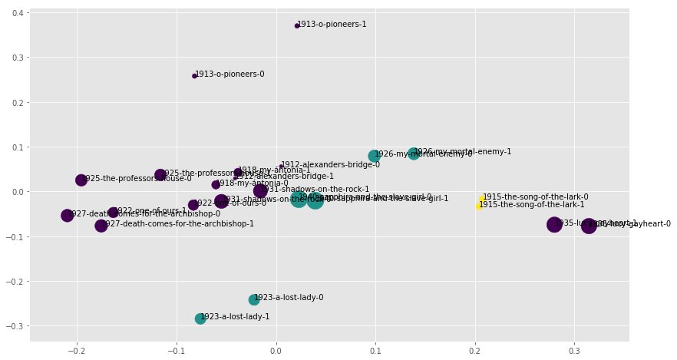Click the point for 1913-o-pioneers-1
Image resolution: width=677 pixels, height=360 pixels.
pos(297,26)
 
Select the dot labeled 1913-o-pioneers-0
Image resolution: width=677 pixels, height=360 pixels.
pos(194,76)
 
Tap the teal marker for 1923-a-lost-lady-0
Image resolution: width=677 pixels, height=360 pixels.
pos(254,299)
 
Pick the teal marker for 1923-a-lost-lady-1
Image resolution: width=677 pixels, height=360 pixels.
pos(200,319)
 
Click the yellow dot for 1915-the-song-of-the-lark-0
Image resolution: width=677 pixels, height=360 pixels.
pos(482,199)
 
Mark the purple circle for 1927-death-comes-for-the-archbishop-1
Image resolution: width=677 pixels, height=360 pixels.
pos(101,226)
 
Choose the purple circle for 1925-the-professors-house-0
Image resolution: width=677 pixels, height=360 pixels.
pos(81,180)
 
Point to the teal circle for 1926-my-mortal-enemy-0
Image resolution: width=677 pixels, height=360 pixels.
pos(374,156)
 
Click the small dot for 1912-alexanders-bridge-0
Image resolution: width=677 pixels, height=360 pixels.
pos(281,166)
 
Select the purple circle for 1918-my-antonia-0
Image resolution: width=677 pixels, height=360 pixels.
pos(216,185)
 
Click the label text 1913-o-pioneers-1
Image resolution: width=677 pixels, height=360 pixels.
pos(332,25)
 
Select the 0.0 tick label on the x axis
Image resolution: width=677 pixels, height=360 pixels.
pos(276,351)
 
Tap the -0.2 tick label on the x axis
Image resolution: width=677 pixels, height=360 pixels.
pos(76,351)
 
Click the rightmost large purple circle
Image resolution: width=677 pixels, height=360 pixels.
pos(589,226)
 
